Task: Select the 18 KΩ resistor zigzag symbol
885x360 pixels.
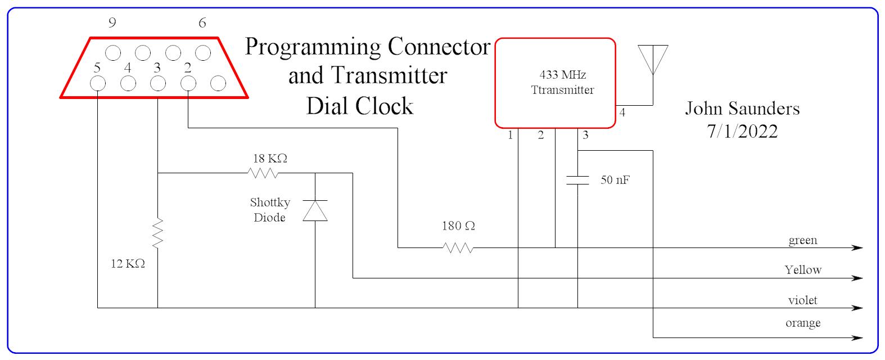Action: coord(263,173)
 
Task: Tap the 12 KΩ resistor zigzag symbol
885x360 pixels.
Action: coord(157,234)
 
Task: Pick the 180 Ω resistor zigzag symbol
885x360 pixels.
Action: coord(458,247)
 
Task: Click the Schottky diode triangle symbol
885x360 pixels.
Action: coord(315,210)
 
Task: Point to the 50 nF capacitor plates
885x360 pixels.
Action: coord(577,180)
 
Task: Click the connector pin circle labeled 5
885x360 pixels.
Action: coord(98,84)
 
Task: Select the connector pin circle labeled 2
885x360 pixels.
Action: coord(188,84)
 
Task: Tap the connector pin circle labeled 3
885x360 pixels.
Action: coord(158,84)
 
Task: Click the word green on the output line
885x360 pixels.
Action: coord(802,241)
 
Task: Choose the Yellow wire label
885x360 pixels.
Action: coord(803,270)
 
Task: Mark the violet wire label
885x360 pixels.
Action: coord(802,300)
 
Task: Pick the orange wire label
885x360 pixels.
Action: coord(802,323)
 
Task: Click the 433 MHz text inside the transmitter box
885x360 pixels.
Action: coord(562,75)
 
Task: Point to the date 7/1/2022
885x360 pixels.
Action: coord(742,132)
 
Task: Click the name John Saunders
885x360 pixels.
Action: coord(742,108)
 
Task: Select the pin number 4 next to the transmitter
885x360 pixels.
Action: coord(622,113)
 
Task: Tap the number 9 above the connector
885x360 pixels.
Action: coord(112,23)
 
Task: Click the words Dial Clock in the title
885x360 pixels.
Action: coord(360,106)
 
